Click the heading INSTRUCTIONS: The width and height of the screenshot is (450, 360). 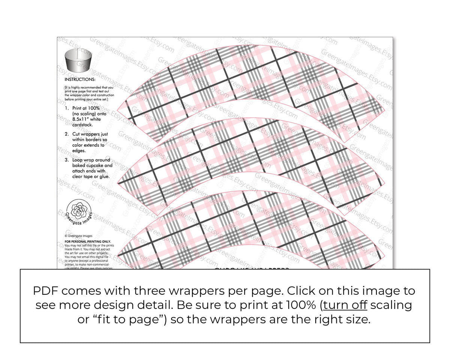tap(80, 79)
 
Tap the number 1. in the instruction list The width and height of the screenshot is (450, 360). tap(67, 108)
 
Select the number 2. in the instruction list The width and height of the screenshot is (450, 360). tap(67, 134)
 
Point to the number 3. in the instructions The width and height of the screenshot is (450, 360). tap(67, 160)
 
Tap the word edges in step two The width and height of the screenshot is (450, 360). tap(79, 150)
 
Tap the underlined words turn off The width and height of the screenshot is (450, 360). tap(345, 305)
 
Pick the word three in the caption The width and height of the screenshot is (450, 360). tap(160, 291)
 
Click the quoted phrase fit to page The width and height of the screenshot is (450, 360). tap(124, 319)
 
